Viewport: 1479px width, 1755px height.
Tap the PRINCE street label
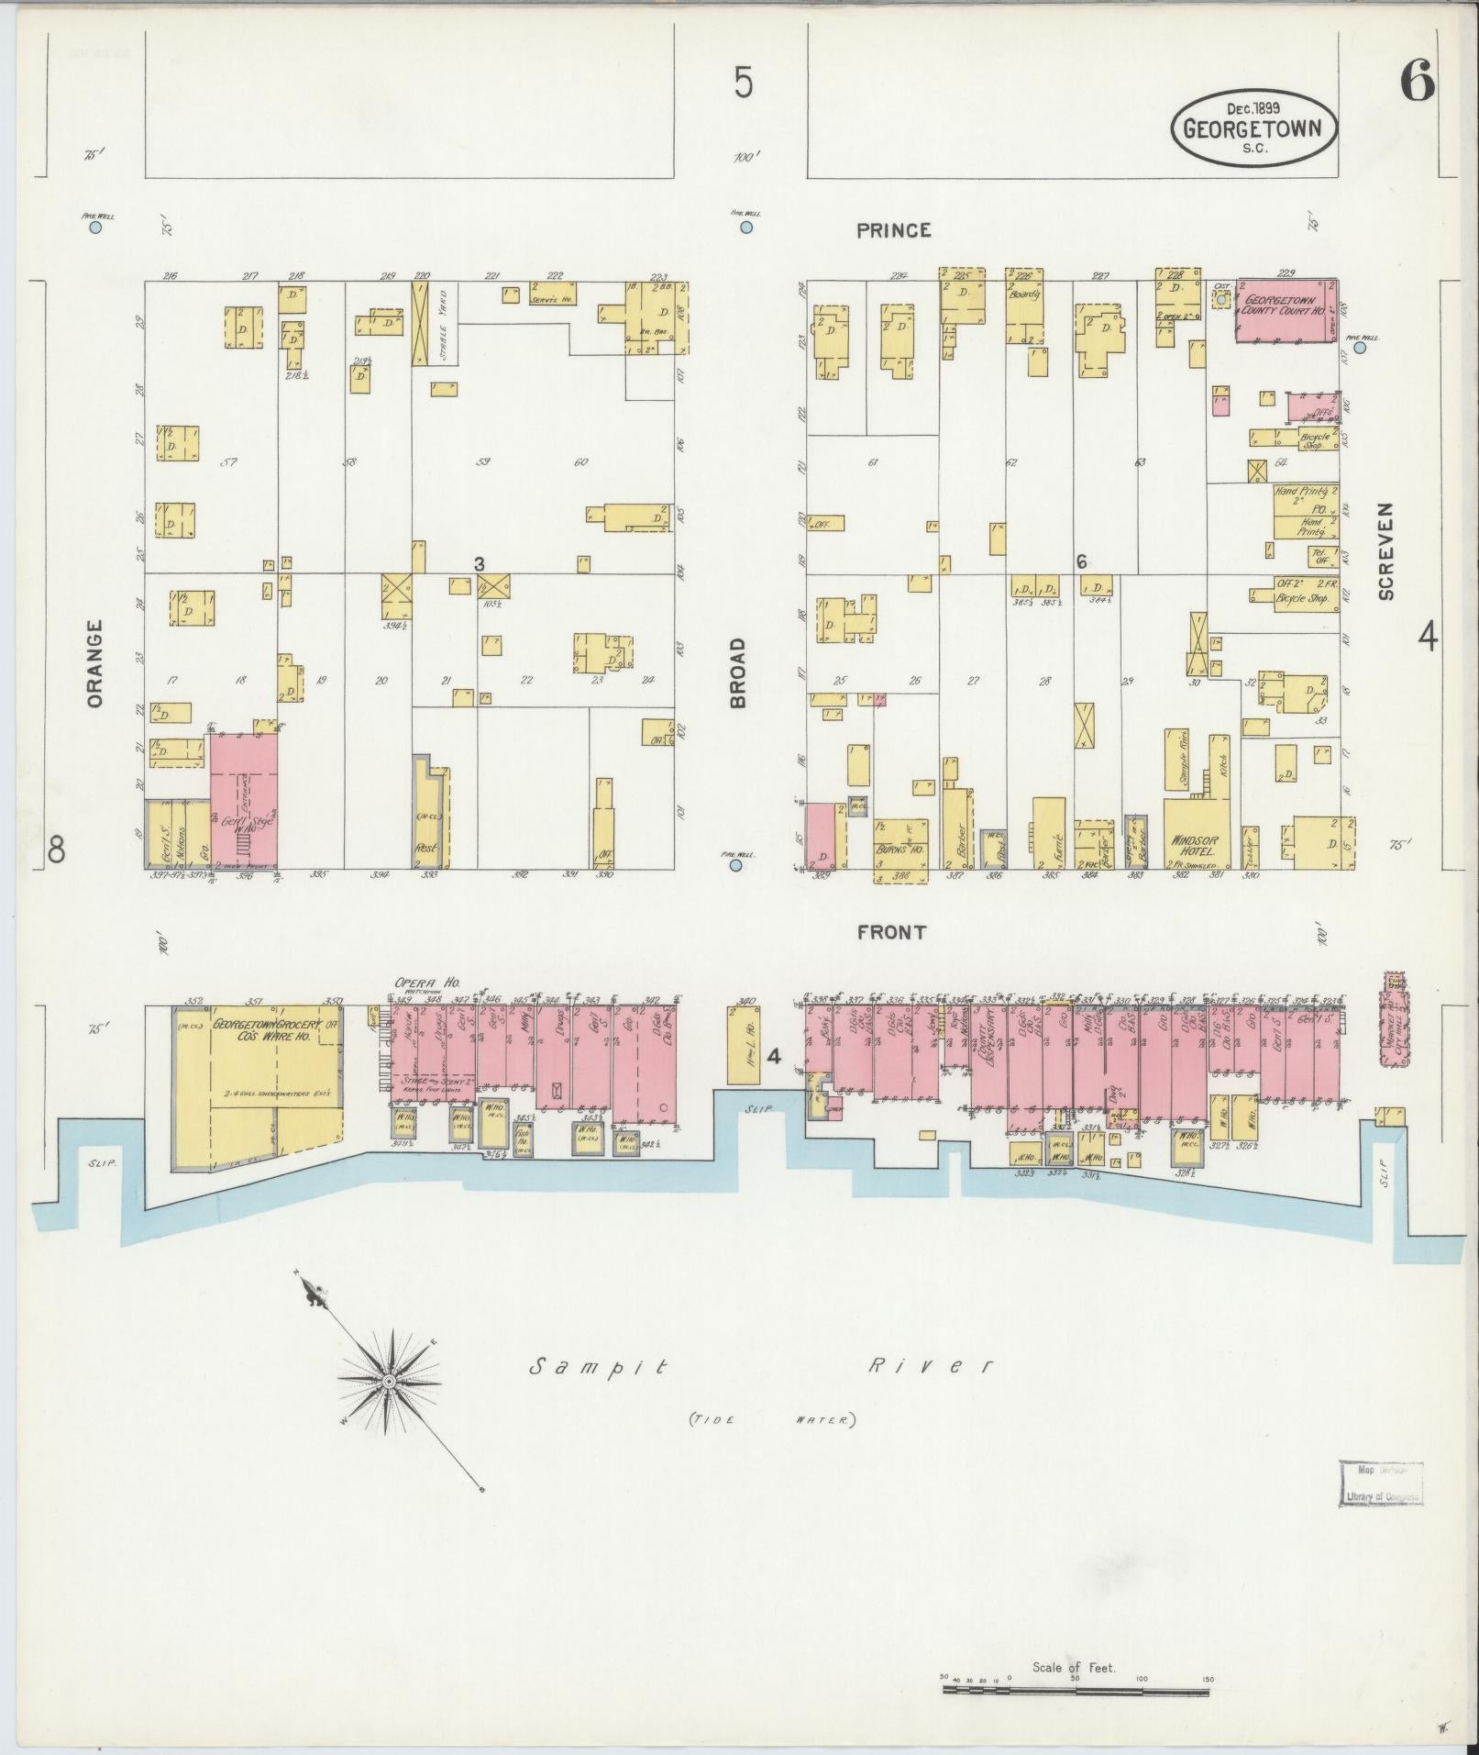pos(893,230)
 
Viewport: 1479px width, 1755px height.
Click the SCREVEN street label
pos(1385,551)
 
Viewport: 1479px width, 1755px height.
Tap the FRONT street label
pos(891,932)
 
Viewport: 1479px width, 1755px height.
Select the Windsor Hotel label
pos(1192,845)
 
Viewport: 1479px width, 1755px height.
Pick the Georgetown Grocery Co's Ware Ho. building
pos(257,1073)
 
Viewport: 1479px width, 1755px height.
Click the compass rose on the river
pos(389,1380)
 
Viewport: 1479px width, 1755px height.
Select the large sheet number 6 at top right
pos(1416,84)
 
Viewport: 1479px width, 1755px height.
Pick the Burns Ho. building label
pos(899,850)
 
